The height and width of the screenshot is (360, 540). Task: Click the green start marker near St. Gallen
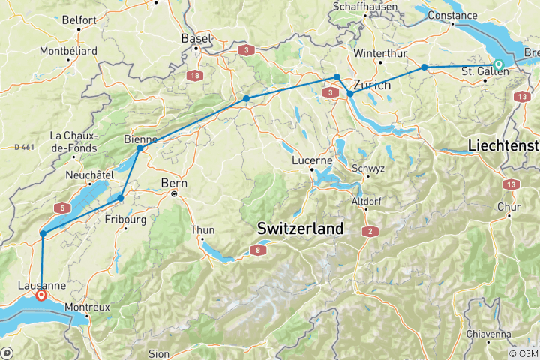499,64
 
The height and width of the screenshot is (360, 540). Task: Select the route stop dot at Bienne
139,148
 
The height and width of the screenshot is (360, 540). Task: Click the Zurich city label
372,85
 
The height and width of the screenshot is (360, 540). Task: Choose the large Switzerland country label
300,227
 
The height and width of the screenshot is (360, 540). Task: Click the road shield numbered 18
195,76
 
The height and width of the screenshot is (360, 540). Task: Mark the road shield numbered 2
370,231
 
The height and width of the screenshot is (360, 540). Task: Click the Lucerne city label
313,160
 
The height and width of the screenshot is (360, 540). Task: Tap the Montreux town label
87,307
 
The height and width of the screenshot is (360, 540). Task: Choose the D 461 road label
25,147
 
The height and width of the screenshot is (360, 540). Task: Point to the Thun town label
204,229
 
